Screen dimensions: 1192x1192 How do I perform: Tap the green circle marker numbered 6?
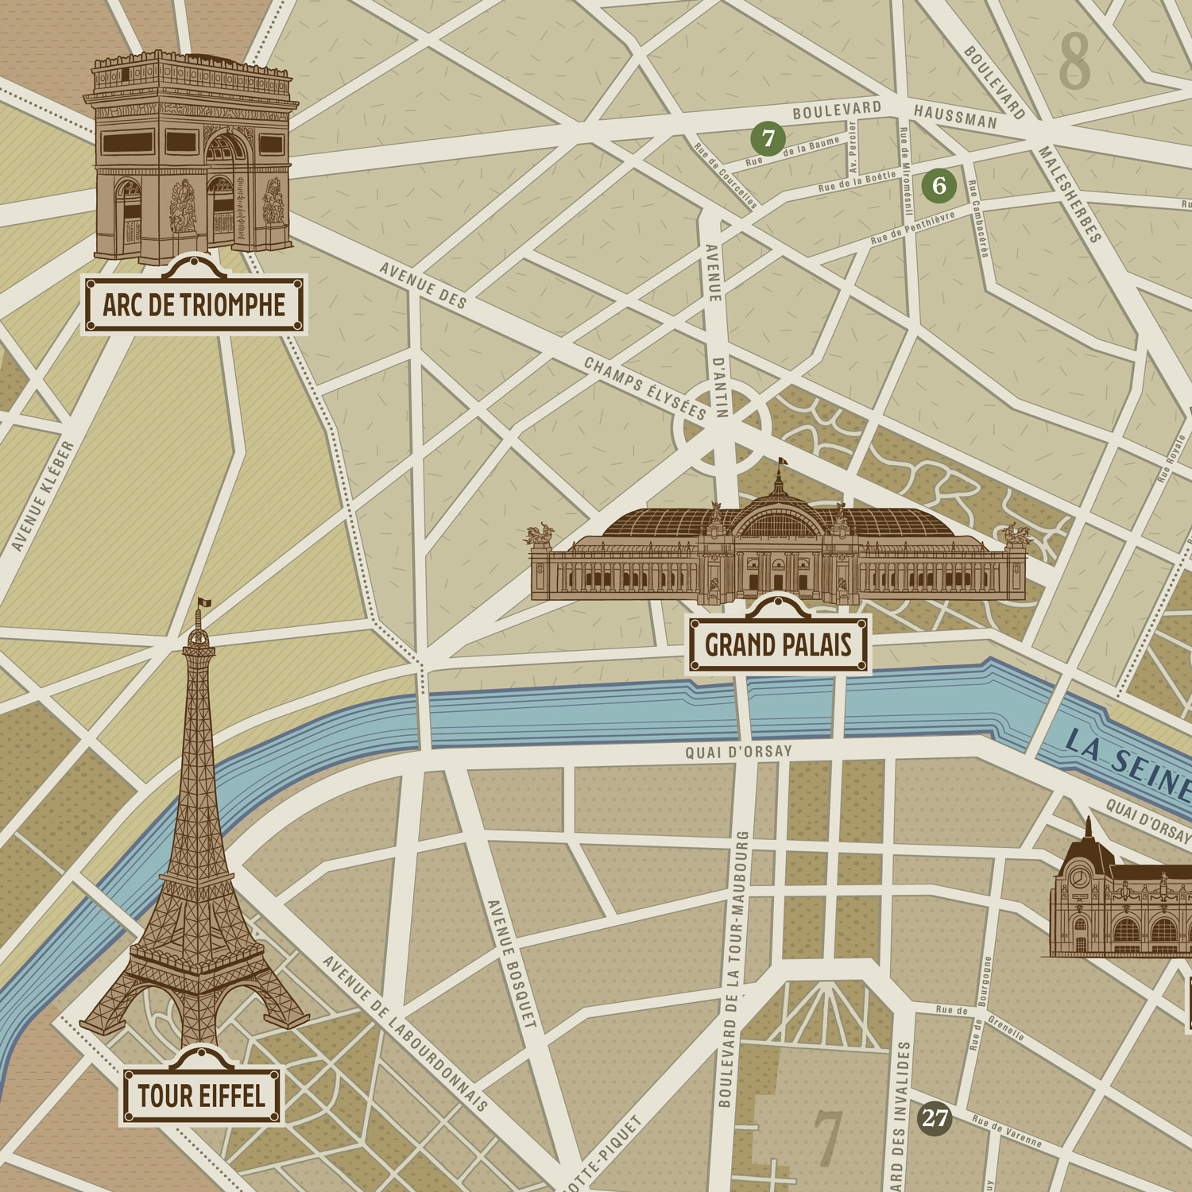tap(939, 186)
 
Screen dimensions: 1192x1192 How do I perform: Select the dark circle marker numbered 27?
tap(935, 1119)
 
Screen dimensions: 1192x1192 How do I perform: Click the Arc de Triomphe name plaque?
tap(194, 304)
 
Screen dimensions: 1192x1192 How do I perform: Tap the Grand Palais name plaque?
tap(778, 645)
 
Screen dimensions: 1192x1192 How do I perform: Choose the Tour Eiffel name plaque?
tap(201, 1097)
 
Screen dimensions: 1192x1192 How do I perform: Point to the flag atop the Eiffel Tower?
tap(204, 603)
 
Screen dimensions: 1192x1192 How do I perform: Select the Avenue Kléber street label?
tap(43, 497)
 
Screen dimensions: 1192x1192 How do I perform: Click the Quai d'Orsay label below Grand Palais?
tap(738, 752)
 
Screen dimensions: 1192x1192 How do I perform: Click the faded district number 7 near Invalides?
tap(827, 1138)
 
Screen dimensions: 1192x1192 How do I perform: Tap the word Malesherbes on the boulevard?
tap(1070, 195)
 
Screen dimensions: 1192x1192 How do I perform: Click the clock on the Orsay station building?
tap(1078, 877)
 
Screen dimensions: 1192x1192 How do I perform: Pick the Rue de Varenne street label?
tap(1006, 1132)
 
